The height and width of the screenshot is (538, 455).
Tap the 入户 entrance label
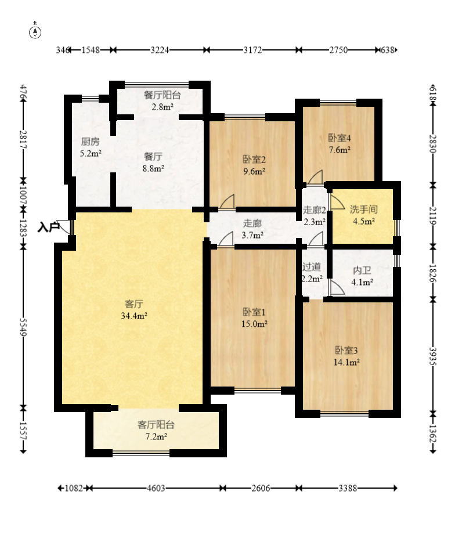48,227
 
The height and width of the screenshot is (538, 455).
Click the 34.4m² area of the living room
134,316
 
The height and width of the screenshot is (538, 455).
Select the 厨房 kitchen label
90,142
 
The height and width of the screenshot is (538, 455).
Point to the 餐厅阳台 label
162,95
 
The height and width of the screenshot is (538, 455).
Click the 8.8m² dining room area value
153,168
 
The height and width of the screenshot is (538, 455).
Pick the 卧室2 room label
254,159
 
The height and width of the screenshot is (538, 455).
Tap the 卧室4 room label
340,138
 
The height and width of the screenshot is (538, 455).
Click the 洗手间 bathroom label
364,210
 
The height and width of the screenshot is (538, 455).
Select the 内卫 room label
362,270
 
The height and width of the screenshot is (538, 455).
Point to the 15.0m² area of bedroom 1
254,324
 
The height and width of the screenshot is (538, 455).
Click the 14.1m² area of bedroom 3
346,362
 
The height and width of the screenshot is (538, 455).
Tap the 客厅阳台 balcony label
156,425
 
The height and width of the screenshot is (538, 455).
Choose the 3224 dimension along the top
160,50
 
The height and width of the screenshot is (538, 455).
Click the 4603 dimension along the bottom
156,488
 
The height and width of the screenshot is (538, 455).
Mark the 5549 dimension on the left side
23,327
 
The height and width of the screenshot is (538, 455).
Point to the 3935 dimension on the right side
433,357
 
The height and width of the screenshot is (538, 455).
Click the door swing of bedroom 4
315,177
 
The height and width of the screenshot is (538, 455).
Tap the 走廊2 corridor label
315,210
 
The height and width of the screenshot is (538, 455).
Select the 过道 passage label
312,266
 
